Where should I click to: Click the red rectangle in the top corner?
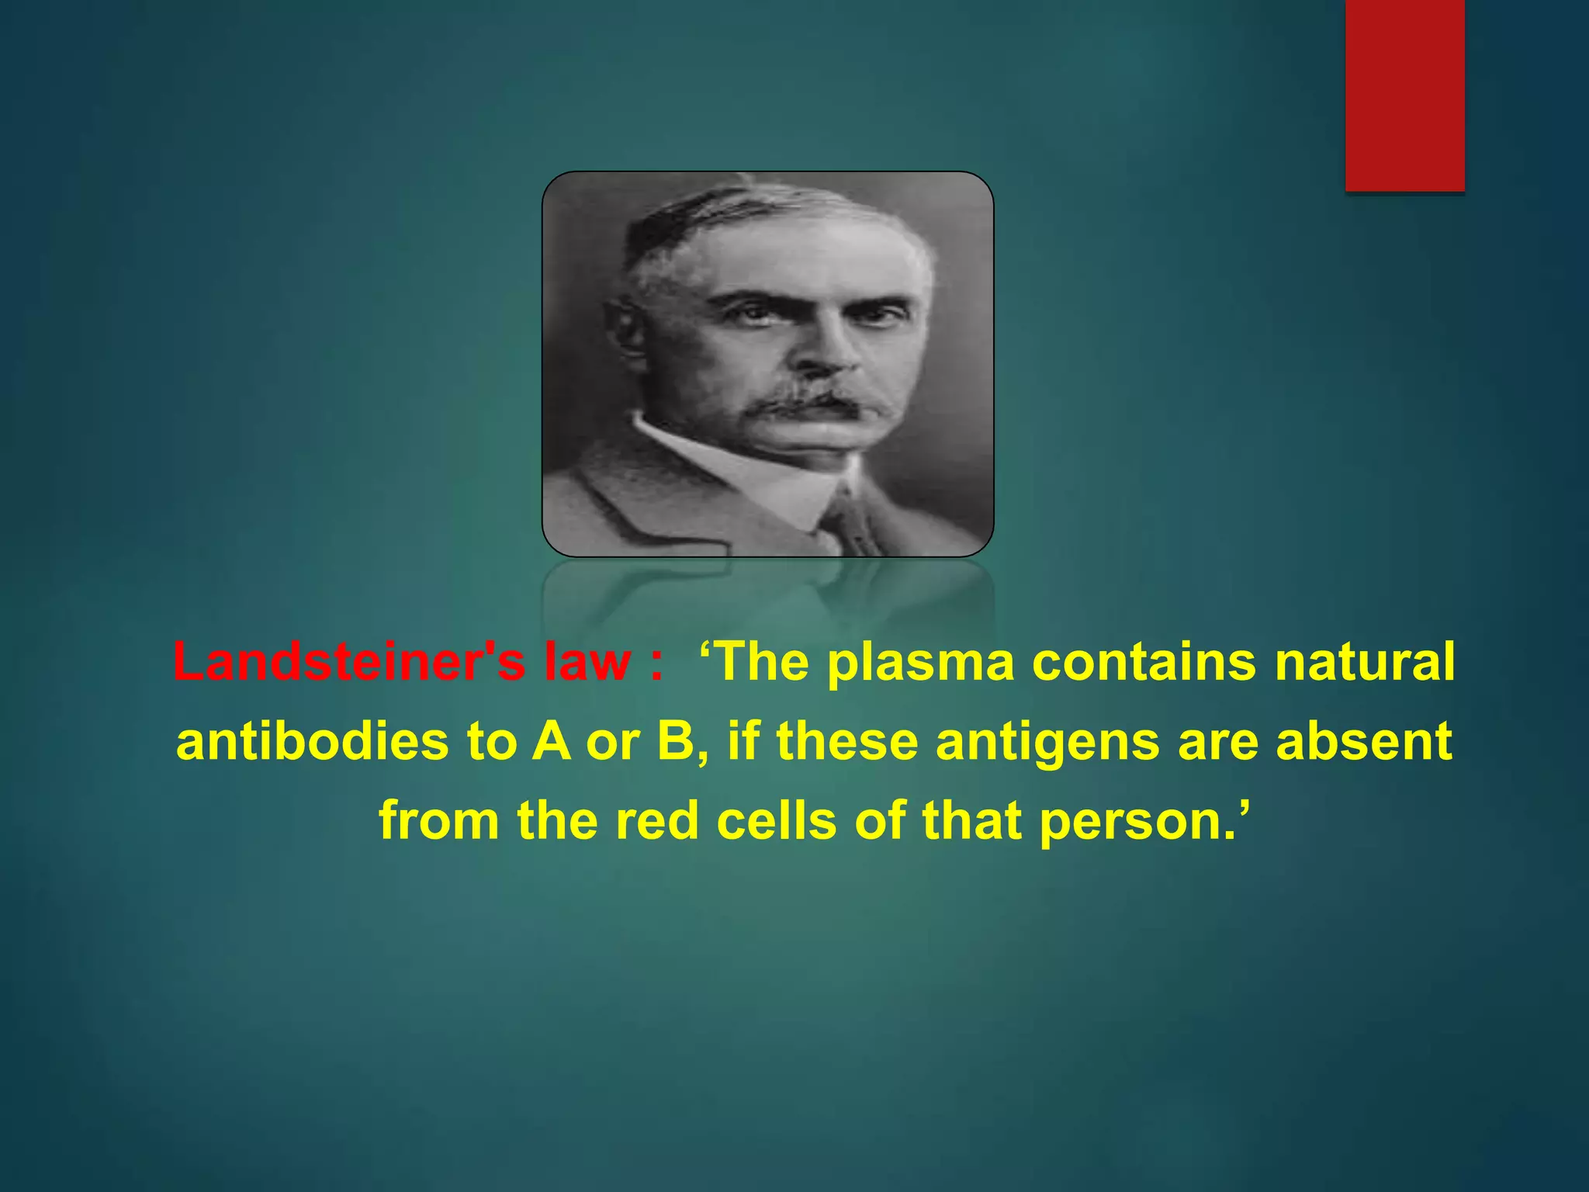click(x=1404, y=95)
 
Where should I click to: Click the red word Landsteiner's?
click(x=349, y=662)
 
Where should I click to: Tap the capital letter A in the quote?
click(x=551, y=741)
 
